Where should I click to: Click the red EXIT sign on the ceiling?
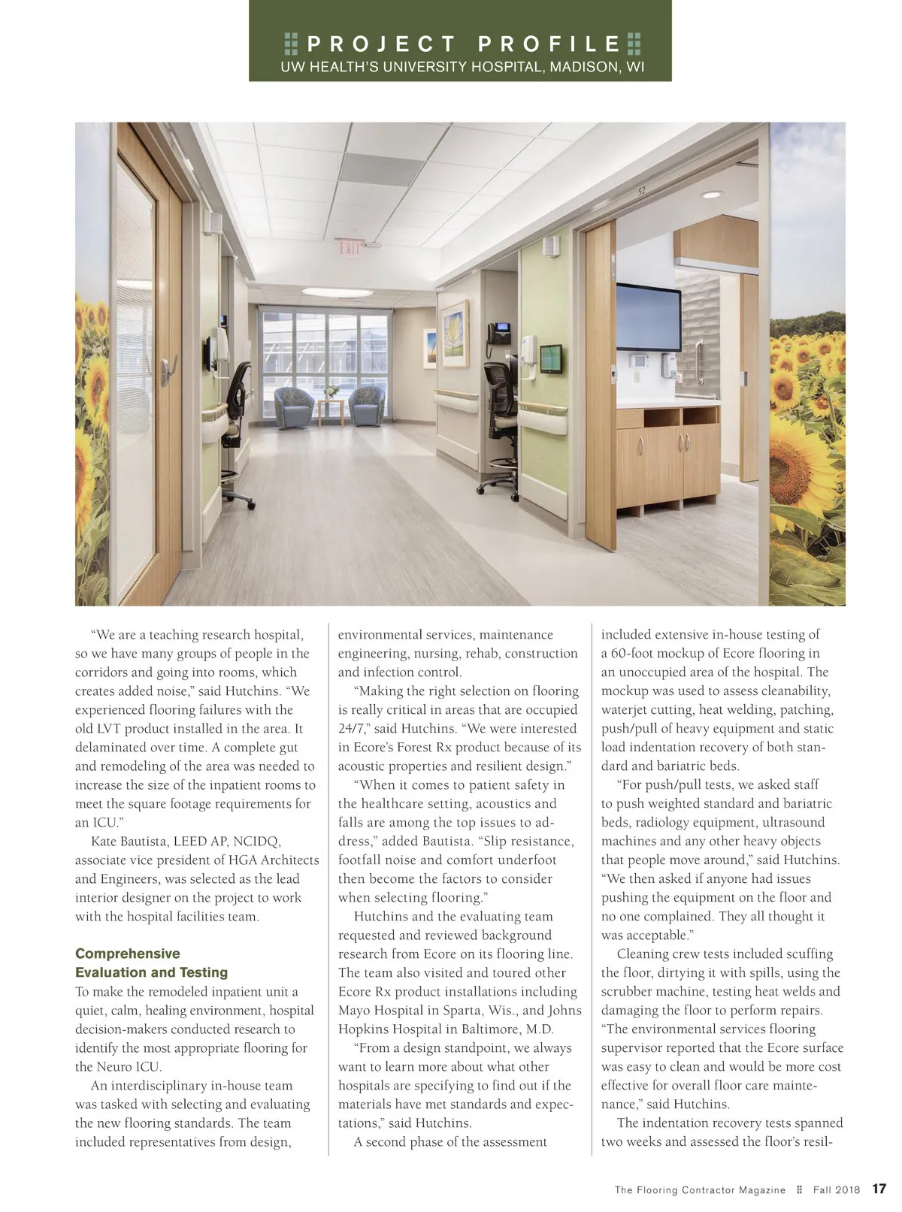click(x=350, y=247)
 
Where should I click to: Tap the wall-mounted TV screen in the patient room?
click(x=649, y=317)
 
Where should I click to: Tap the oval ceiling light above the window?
click(x=337, y=292)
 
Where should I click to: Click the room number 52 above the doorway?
click(x=641, y=191)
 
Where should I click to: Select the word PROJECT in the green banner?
click(x=382, y=44)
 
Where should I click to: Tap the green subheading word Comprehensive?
click(x=128, y=954)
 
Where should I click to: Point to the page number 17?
click(x=879, y=1189)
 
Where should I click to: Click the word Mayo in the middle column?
click(x=354, y=1010)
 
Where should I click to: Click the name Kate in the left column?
click(x=104, y=841)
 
